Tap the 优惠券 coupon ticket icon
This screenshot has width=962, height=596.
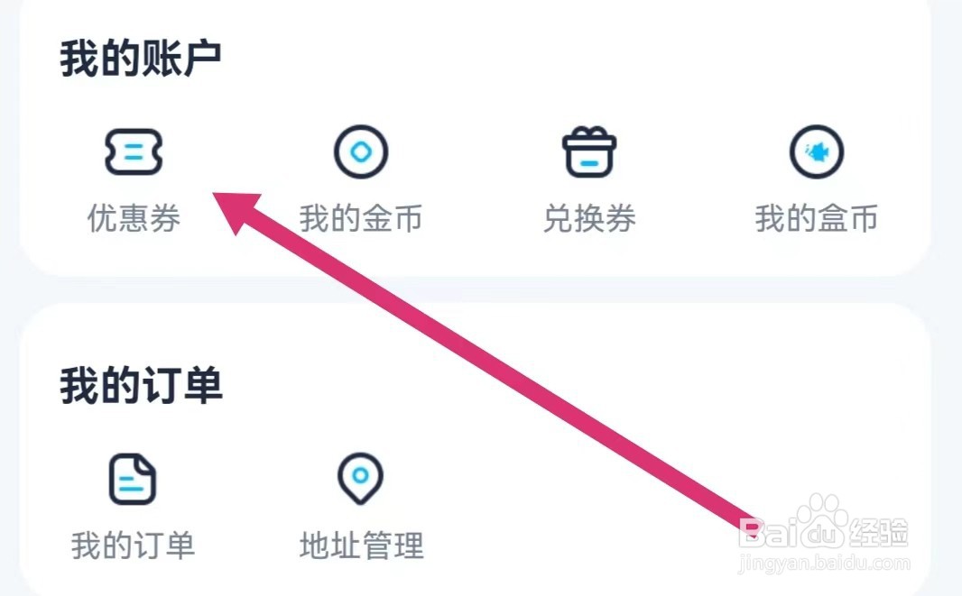[x=133, y=151]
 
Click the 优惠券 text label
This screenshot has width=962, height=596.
[x=134, y=218]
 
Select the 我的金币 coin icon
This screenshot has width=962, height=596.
[x=361, y=151]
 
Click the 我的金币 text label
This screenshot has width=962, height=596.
[x=361, y=218]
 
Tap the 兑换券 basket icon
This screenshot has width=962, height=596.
[x=589, y=151]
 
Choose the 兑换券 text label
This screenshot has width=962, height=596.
[x=589, y=218]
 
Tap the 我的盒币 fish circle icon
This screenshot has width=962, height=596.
[x=817, y=151]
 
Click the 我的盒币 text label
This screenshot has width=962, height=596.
[x=817, y=218]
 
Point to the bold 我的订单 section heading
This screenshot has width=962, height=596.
[x=141, y=386]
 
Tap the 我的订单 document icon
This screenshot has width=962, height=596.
[x=133, y=479]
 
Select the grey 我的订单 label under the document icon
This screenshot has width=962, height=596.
[x=134, y=546]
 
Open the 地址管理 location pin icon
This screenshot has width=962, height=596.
[x=360, y=478]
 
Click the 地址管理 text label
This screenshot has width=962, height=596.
[x=361, y=546]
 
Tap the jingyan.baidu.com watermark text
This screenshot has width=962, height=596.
[x=823, y=564]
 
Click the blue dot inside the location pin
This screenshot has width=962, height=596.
[x=360, y=473]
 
